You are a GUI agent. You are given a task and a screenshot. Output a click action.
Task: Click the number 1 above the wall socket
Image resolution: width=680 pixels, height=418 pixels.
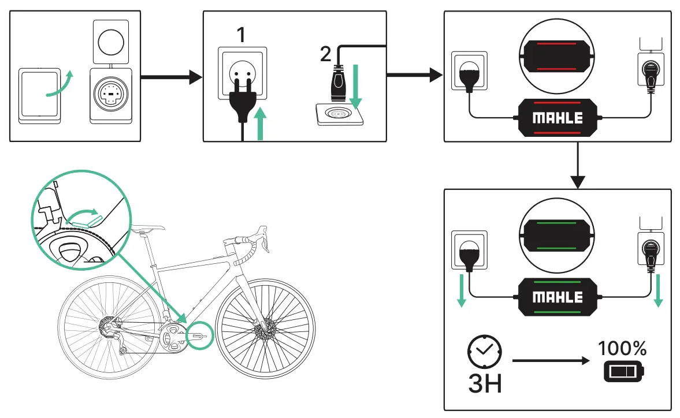(x=241, y=36)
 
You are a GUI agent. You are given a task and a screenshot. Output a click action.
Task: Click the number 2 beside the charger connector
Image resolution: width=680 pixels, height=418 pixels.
(x=326, y=54)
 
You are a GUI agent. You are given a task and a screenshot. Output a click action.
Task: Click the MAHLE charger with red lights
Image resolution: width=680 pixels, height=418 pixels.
(x=557, y=118)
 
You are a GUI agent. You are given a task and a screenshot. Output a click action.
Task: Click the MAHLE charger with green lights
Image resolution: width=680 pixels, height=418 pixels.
(x=557, y=297)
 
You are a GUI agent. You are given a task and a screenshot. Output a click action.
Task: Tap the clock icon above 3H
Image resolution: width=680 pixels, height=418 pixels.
(x=485, y=350)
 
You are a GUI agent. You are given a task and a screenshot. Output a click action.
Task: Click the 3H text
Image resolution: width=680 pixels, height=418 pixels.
(x=485, y=383)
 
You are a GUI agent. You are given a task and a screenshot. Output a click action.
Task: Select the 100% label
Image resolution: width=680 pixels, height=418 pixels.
(x=622, y=348)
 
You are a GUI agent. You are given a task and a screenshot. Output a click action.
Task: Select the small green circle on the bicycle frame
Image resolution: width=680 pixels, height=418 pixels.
(x=199, y=334)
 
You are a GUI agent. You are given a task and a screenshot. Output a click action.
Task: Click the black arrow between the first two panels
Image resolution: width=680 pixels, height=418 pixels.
(x=172, y=77)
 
